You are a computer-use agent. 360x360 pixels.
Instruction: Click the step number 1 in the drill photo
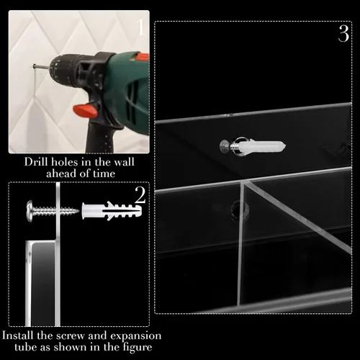pyautogui.click(x=140, y=27)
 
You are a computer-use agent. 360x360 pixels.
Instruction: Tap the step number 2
pyautogui.click(x=140, y=195)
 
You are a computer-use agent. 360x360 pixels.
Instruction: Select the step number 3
pyautogui.click(x=343, y=34)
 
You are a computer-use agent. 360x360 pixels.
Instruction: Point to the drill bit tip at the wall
pyautogui.click(x=34, y=66)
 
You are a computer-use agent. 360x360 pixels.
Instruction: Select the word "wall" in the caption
pyautogui.click(x=124, y=162)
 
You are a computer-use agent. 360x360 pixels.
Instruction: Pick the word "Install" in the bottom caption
pyautogui.click(x=17, y=336)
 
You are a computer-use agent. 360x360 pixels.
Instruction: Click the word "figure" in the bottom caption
pyautogui.click(x=138, y=348)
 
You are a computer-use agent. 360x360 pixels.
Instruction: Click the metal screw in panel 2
pyautogui.click(x=53, y=210)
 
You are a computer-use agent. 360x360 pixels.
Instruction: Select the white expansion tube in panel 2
pyautogui.click(x=112, y=211)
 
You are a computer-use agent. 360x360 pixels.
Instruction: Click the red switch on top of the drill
pyautogui.click(x=142, y=57)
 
